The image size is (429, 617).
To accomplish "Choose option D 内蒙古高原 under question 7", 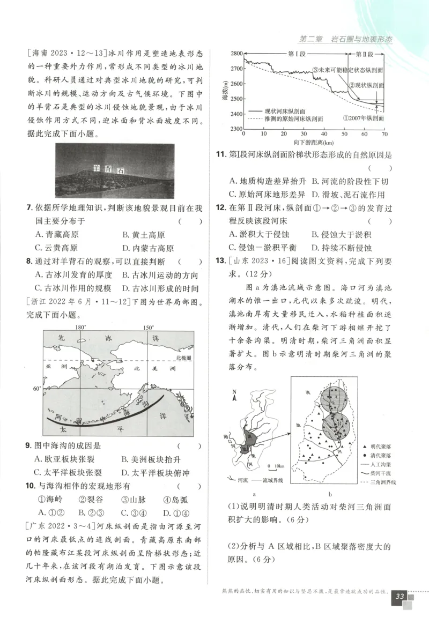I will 147,248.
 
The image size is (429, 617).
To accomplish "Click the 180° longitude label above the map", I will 80,327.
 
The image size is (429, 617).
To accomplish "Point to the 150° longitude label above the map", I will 148,327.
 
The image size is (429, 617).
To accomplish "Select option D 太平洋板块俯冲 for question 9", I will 155,472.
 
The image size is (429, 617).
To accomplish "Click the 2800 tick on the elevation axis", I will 236,54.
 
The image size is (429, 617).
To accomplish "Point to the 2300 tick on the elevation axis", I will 236,129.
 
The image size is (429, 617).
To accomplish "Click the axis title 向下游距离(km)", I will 314,143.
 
